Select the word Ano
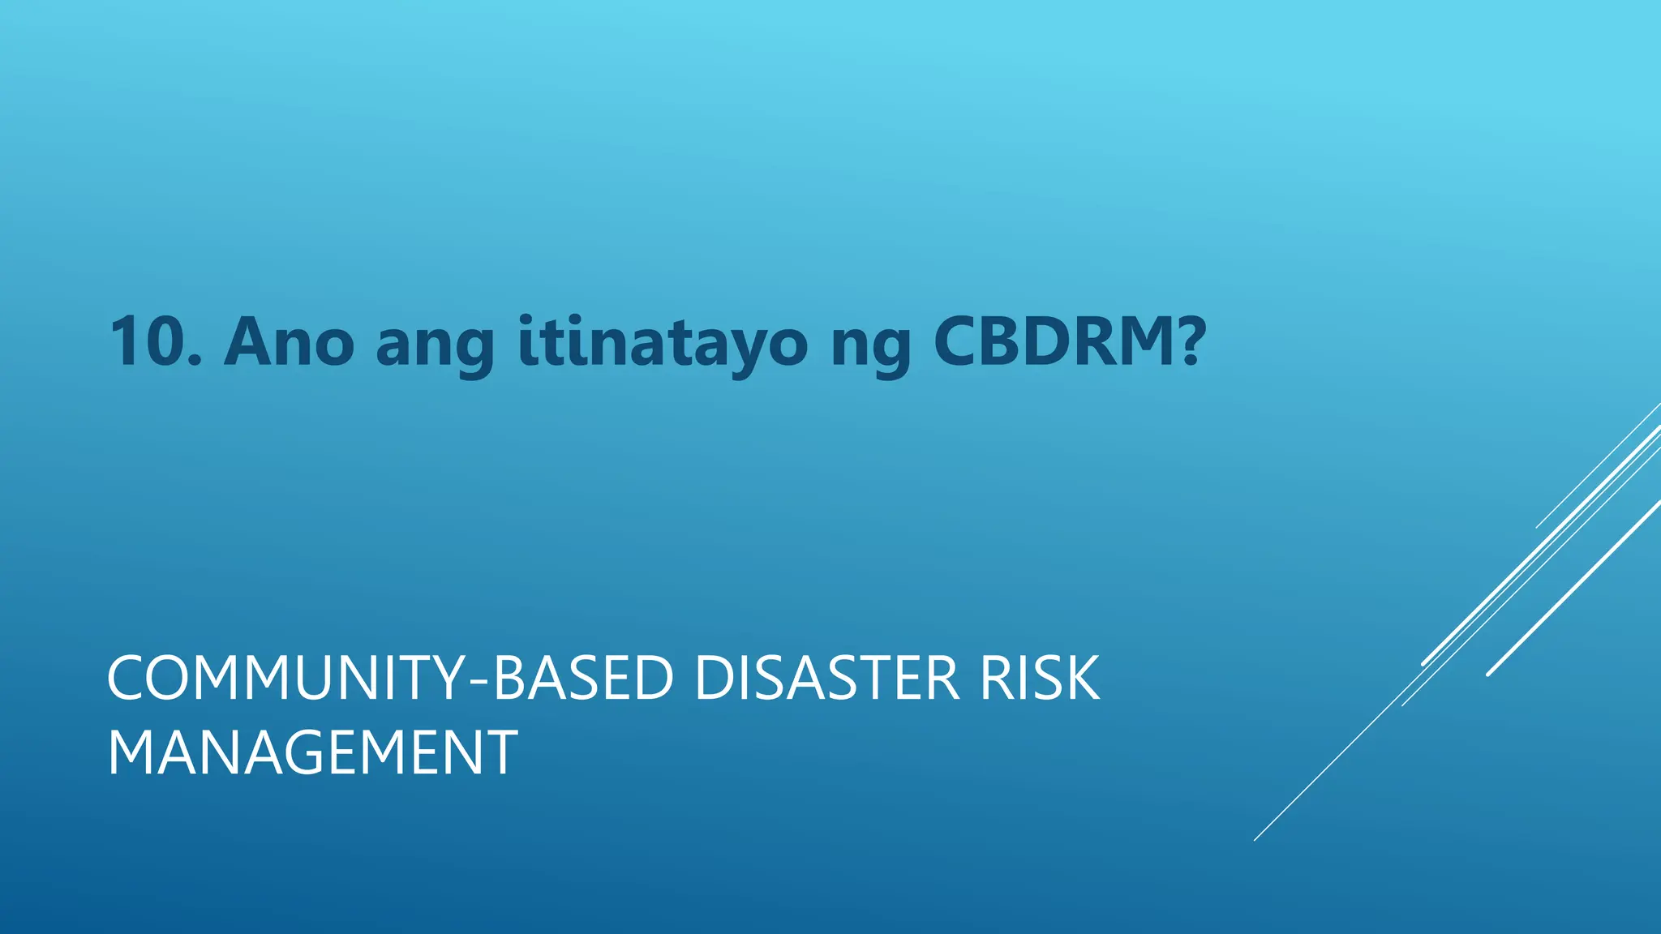tap(289, 342)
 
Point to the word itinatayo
tap(663, 344)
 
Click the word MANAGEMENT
tap(312, 753)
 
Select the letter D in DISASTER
tap(714, 679)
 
